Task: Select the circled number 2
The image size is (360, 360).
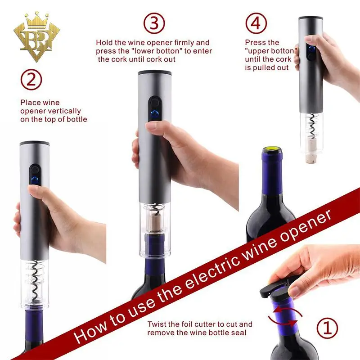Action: click(31, 80)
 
